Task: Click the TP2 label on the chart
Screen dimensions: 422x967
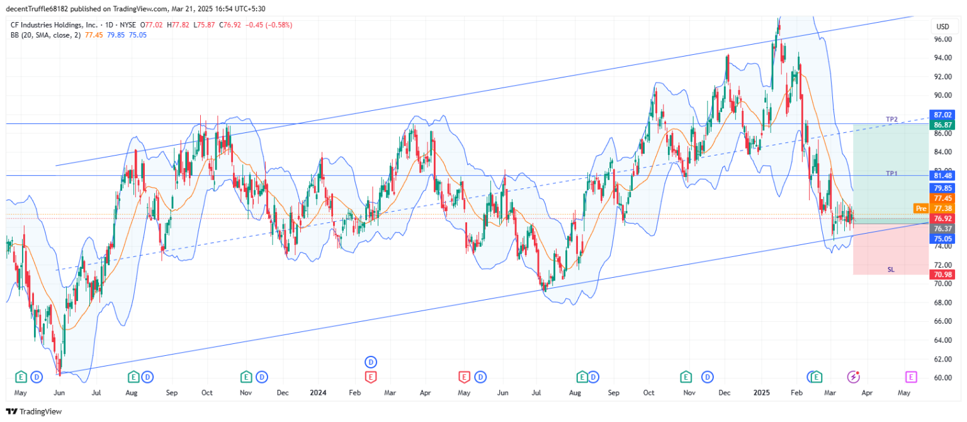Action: tap(891, 119)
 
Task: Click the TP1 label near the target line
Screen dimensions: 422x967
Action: tap(891, 173)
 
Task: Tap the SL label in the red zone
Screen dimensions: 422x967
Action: tap(891, 270)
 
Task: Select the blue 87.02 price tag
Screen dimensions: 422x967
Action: tap(942, 115)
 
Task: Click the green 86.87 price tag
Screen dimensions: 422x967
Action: tap(942, 125)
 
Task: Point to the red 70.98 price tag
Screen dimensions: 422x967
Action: tap(942, 275)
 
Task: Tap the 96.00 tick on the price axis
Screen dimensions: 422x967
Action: tap(942, 39)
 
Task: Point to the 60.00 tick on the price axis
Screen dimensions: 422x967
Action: tap(942, 378)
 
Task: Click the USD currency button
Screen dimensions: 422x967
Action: tap(942, 26)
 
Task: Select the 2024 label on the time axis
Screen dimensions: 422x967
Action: tap(318, 392)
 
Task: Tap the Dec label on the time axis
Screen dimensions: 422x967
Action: tap(725, 392)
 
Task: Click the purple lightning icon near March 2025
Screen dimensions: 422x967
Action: tap(854, 377)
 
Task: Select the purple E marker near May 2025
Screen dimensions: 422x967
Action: tap(910, 377)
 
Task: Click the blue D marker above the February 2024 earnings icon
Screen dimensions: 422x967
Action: tap(371, 362)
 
